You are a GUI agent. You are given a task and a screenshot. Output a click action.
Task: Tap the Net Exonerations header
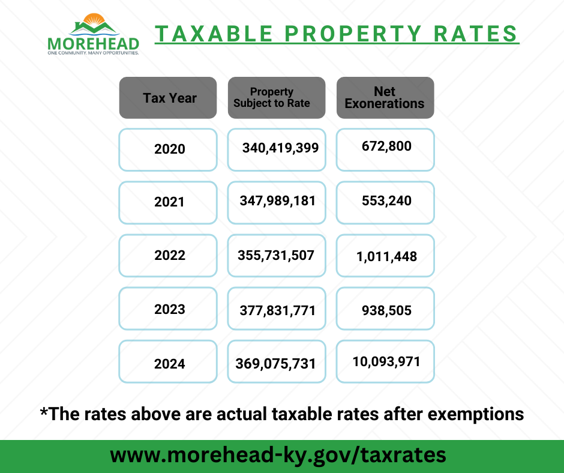[x=385, y=98]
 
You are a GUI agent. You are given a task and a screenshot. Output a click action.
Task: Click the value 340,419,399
[x=280, y=148]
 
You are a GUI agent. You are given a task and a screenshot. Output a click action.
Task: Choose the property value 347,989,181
[x=277, y=200]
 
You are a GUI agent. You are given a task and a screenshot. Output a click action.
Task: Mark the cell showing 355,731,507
[x=276, y=255]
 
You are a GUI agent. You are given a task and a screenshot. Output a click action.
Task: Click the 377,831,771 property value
[x=277, y=310]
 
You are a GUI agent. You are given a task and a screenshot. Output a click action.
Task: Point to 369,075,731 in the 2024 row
[x=276, y=364]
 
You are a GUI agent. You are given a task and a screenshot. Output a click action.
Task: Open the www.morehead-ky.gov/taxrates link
[x=278, y=455]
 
